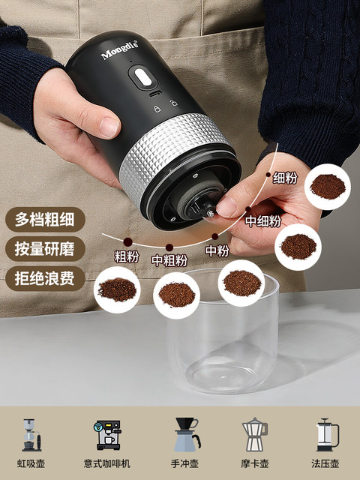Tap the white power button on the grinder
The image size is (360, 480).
coord(140,76)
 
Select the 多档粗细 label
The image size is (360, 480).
coord(45,220)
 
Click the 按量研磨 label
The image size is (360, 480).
coord(45,249)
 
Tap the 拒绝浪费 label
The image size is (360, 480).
coord(45,278)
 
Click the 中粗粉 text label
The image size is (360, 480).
coord(169,260)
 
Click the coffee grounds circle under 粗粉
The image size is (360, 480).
coord(118,289)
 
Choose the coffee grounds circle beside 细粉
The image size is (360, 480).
coord(328,186)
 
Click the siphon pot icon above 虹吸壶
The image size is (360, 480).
coord(30,434)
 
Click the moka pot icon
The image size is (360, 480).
coord(254,434)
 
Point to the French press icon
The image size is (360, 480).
coord(326,434)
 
